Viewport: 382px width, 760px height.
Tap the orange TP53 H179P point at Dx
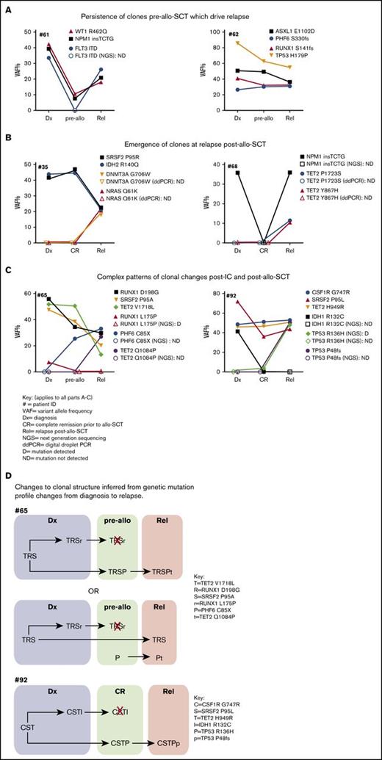pyautogui.click(x=237, y=43)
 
